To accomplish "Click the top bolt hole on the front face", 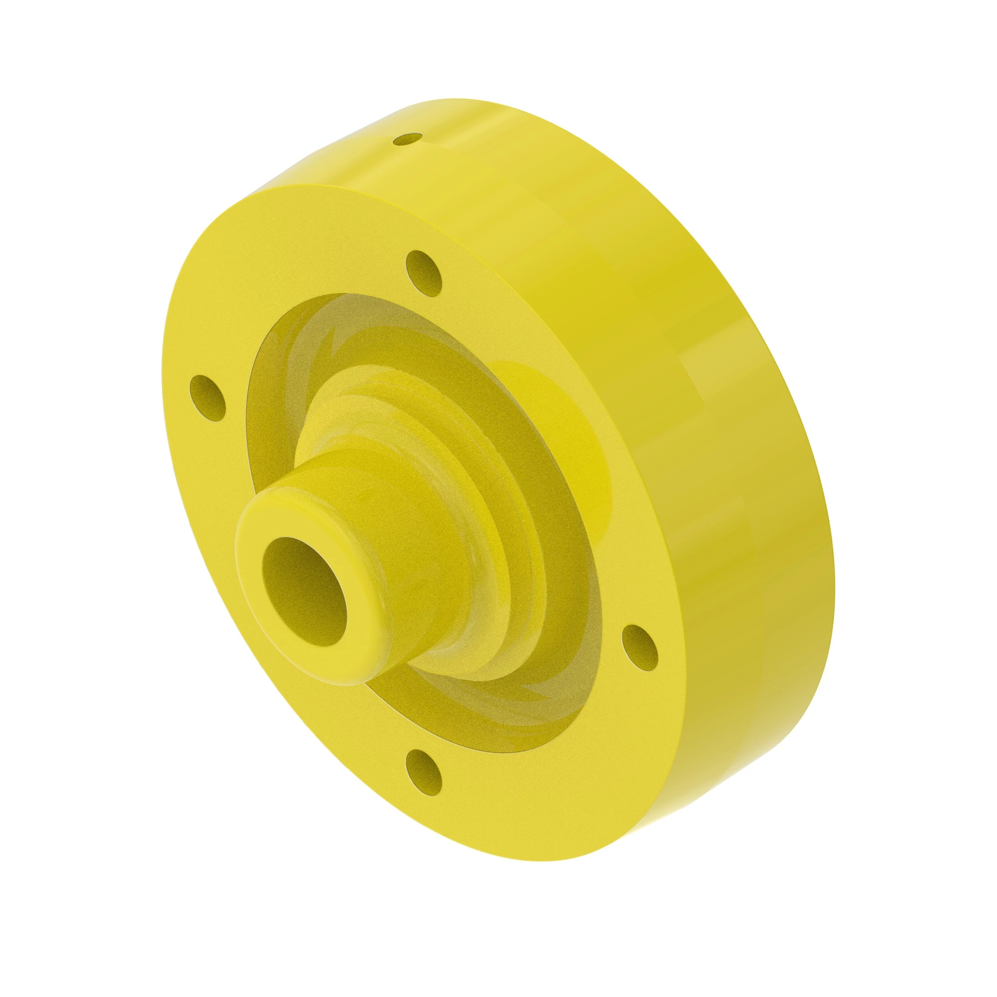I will tap(424, 273).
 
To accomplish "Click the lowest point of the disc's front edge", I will tap(547, 860).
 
